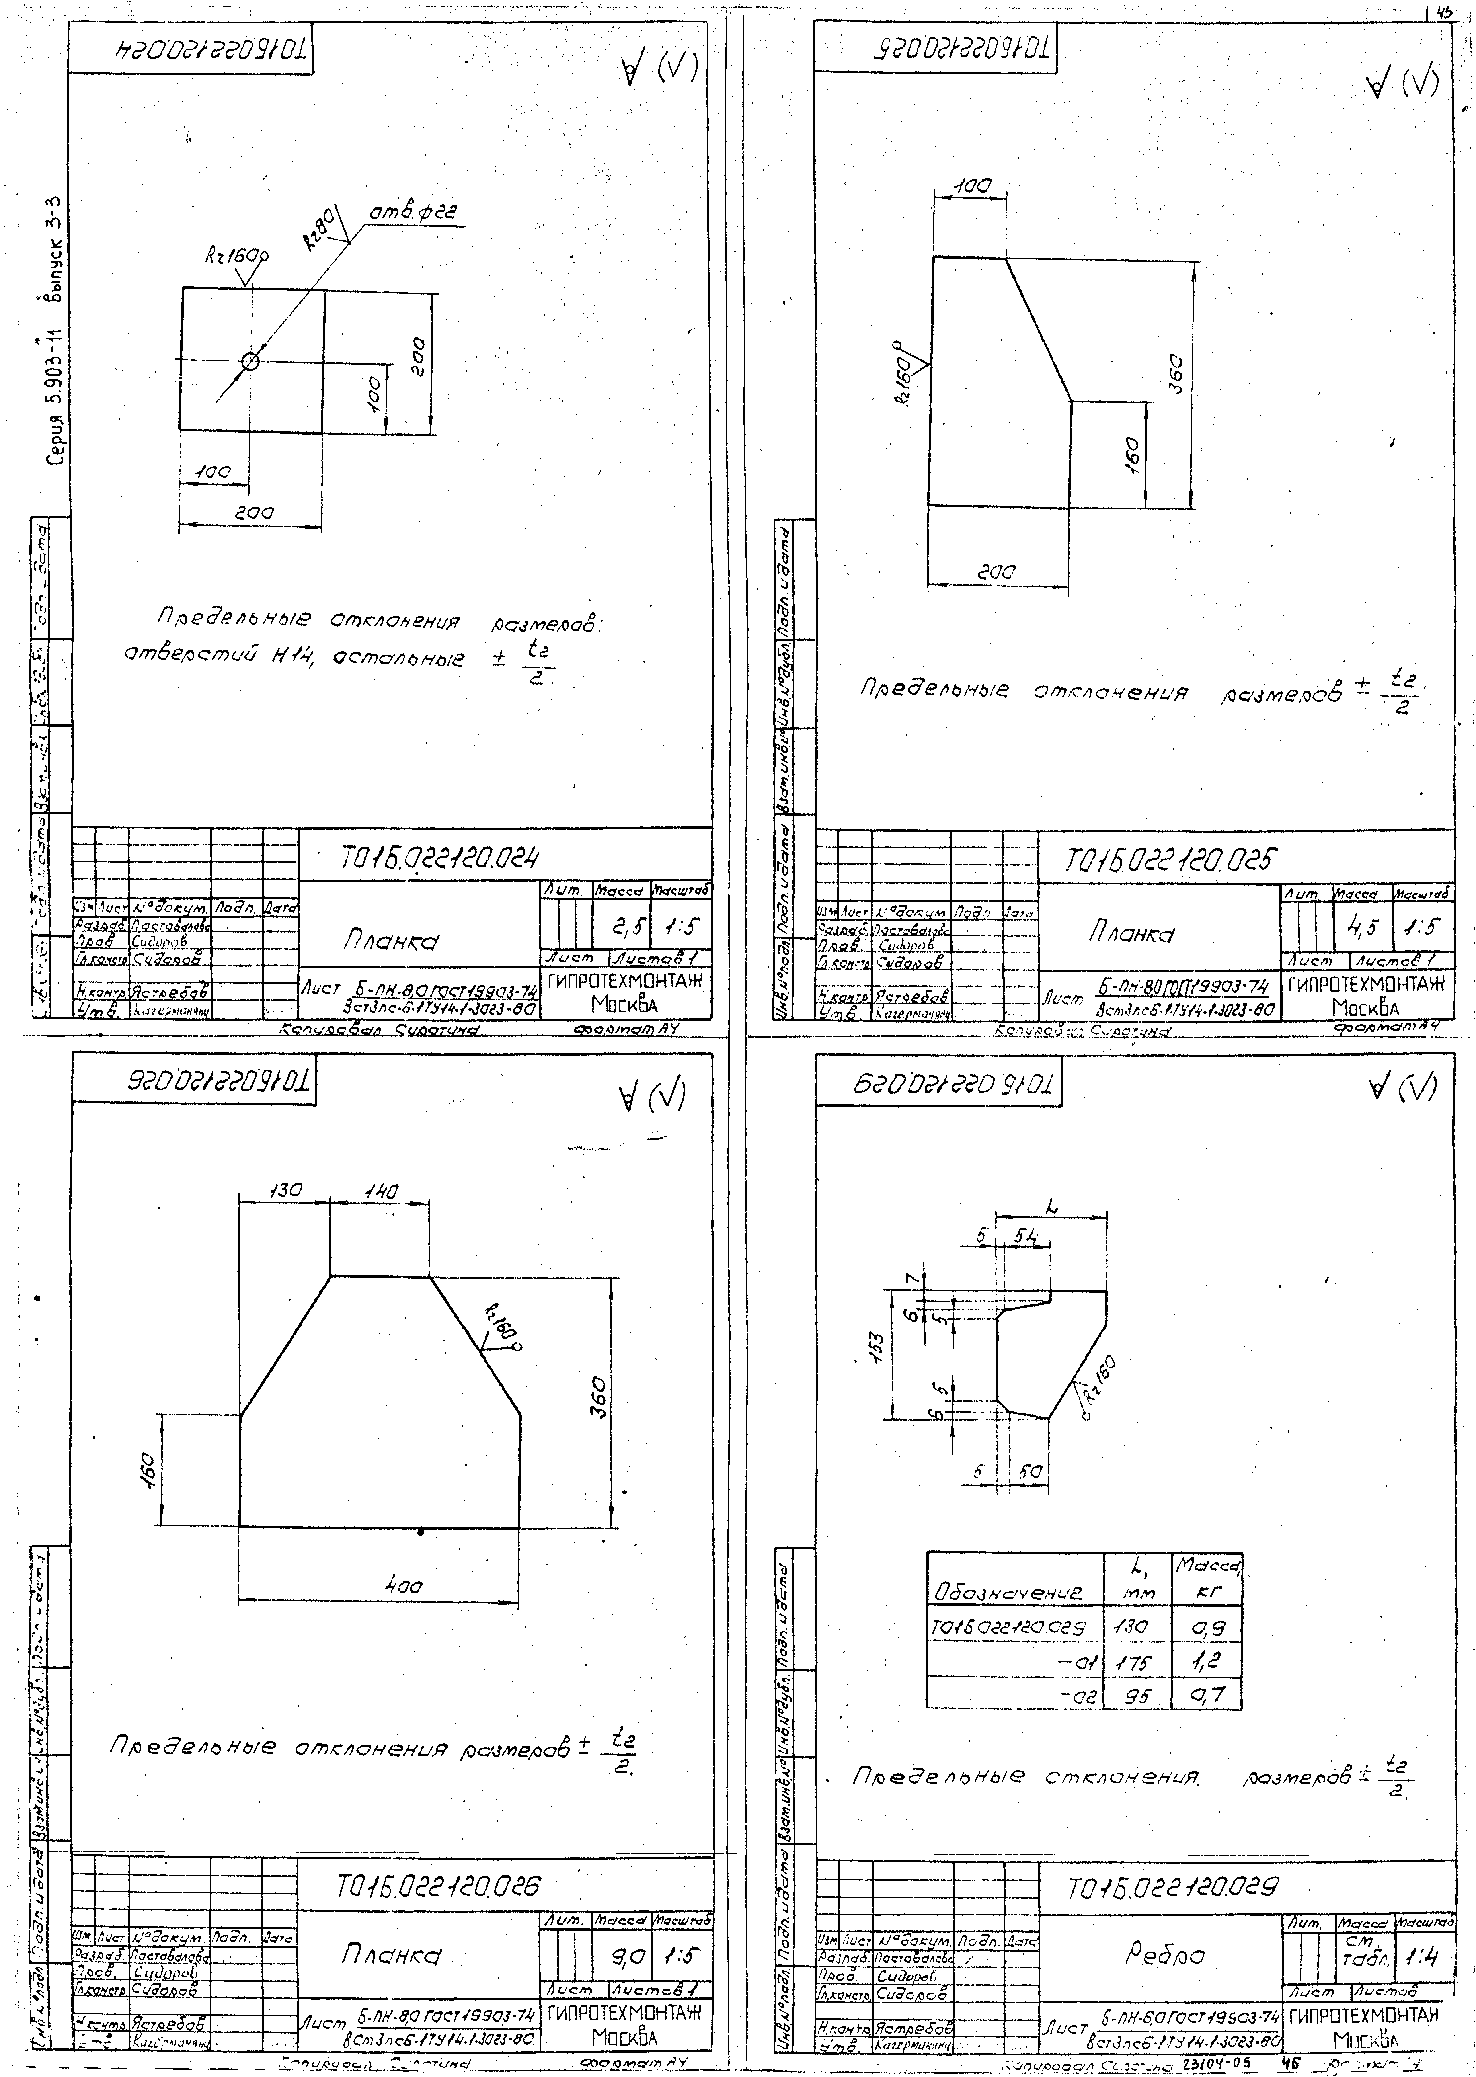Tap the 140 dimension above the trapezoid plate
(x=382, y=1190)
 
